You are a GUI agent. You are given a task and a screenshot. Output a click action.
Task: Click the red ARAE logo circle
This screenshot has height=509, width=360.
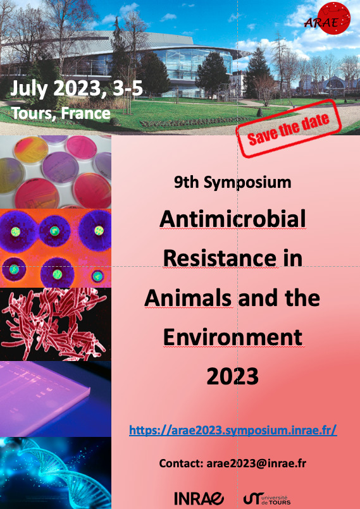[333, 18]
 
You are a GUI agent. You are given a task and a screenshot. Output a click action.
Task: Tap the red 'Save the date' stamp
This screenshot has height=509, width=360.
[289, 128]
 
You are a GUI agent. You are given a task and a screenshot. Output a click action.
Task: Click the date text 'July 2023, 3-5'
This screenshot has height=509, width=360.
[77, 89]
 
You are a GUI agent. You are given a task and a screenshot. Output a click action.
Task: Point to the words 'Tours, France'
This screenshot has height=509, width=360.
[61, 113]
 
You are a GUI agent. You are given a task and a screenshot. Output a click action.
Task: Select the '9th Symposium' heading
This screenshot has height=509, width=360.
[232, 183]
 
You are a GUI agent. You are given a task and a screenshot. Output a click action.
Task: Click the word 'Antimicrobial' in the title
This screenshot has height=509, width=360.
[233, 219]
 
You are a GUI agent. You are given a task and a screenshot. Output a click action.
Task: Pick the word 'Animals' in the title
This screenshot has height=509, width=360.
[189, 298]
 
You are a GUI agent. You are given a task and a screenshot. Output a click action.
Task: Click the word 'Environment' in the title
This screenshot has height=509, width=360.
[233, 337]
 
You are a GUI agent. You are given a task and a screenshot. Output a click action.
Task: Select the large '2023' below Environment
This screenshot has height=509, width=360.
[233, 376]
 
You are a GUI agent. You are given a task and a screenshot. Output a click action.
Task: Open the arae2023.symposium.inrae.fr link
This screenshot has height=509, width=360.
[233, 431]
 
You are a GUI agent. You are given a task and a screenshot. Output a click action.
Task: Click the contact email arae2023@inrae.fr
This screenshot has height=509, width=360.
[256, 463]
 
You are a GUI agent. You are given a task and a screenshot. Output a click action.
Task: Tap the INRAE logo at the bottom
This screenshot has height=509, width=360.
[199, 498]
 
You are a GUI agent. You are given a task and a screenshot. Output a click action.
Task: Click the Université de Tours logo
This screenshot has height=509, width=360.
[267, 499]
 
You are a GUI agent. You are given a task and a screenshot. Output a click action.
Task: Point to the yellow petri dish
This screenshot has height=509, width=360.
[31, 150]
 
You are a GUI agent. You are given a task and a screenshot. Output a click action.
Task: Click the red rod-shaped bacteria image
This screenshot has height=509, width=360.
[56, 324]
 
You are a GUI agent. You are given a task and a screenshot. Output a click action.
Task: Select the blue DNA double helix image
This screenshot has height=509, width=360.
[56, 473]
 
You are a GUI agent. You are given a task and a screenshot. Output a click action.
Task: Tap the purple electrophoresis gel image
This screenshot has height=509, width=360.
[56, 399]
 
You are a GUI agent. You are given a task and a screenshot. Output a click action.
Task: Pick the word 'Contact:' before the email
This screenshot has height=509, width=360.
[182, 463]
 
